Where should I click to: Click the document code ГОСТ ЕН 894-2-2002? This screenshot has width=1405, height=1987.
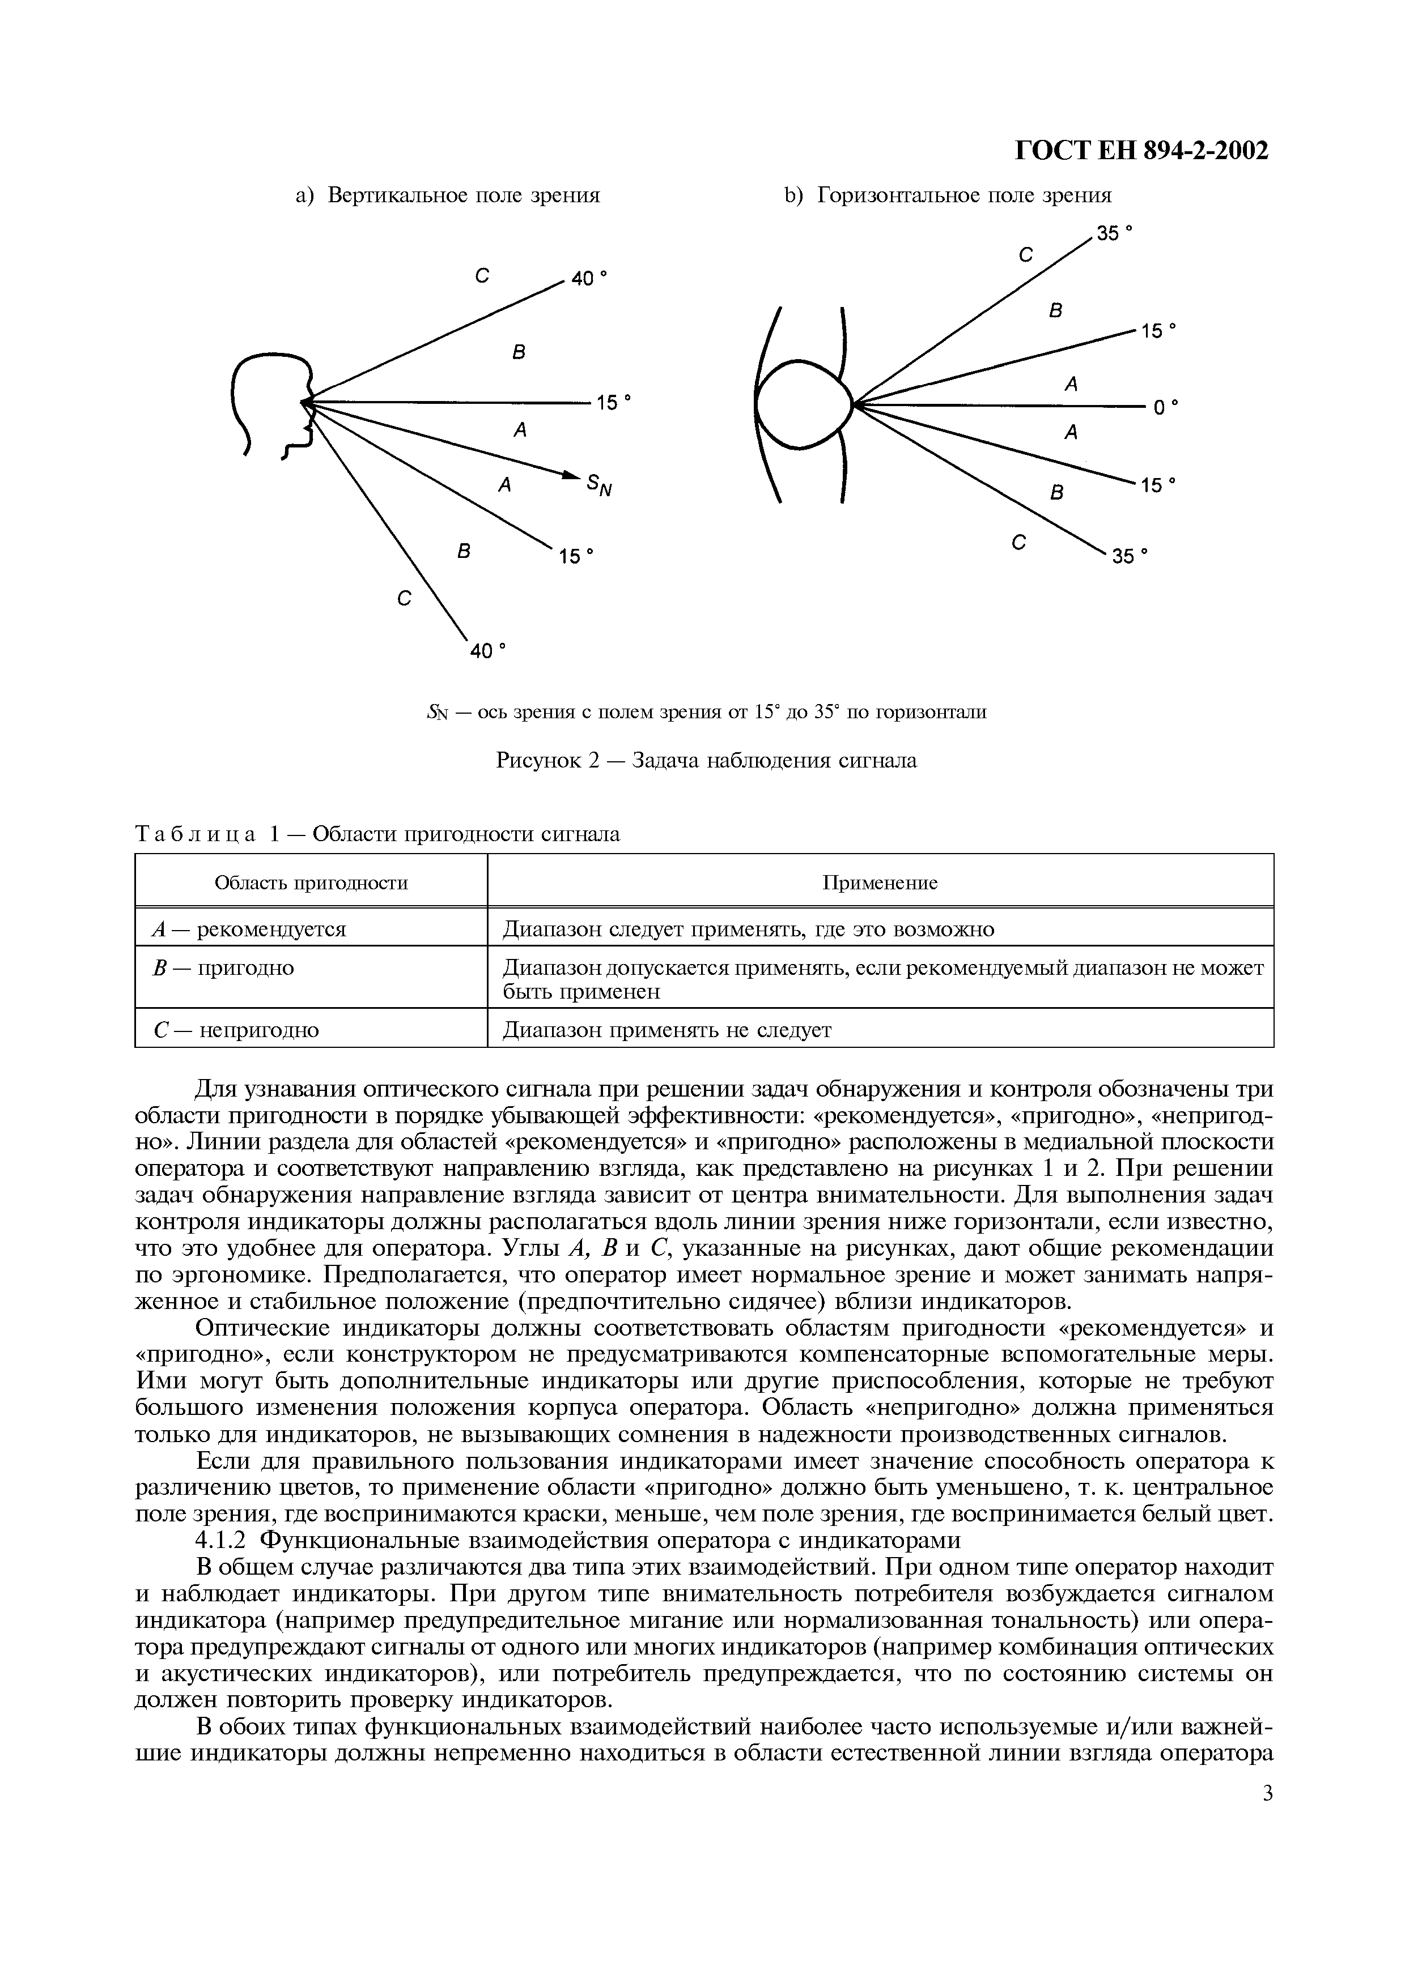pyautogui.click(x=1140, y=151)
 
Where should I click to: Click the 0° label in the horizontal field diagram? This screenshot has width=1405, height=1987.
pyautogui.click(x=1165, y=407)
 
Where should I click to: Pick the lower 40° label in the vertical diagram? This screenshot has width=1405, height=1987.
pyautogui.click(x=486, y=650)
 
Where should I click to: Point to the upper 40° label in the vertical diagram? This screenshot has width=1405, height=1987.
pyautogui.click(x=589, y=279)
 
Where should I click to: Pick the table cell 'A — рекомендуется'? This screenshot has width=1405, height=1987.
pyautogui.click(x=248, y=929)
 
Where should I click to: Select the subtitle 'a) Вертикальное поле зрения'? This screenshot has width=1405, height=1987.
pyautogui.click(x=448, y=195)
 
